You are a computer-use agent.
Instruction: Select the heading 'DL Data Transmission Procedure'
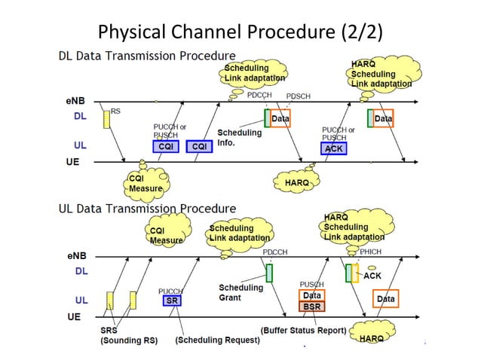[147, 56]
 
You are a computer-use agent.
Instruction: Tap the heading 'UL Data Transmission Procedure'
[147, 208]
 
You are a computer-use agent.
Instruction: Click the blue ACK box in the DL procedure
[334, 148]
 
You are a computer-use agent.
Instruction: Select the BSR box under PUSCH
[312, 307]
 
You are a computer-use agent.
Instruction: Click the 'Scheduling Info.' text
[239, 137]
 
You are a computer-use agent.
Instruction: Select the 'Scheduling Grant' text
[240, 292]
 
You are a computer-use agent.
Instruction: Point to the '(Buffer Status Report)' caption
[303, 330]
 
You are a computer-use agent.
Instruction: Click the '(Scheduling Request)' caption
[217, 340]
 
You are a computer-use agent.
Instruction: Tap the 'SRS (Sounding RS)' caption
[128, 335]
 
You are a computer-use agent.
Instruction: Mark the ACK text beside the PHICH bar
[372, 276]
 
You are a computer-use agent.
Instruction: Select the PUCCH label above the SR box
[171, 291]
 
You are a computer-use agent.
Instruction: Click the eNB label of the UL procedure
[74, 255]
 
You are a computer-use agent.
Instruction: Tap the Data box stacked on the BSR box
[312, 296]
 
